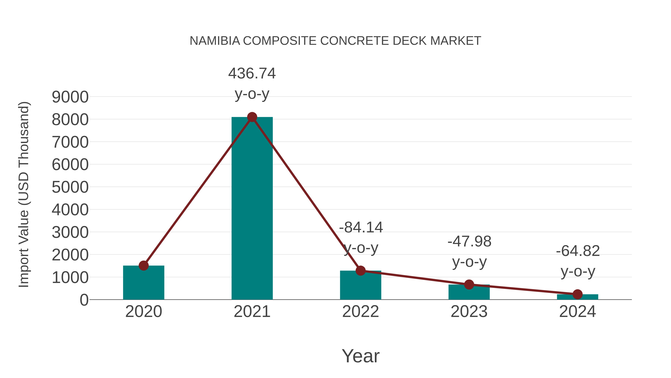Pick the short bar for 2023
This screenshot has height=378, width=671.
pyautogui.click(x=469, y=293)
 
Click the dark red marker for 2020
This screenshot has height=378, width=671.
pyautogui.click(x=144, y=266)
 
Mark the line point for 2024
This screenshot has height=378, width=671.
pyautogui.click(x=577, y=294)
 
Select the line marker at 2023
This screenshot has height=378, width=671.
pyautogui.click(x=469, y=285)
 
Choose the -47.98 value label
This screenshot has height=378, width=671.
pyautogui.click(x=469, y=241)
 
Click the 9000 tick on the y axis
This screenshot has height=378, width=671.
pyautogui.click(x=70, y=97)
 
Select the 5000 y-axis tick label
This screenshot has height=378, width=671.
pyautogui.click(x=70, y=187)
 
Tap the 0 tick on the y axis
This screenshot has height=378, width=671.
pyautogui.click(x=84, y=300)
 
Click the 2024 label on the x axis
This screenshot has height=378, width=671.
pyautogui.click(x=577, y=312)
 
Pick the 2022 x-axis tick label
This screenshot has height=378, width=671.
pyautogui.click(x=360, y=312)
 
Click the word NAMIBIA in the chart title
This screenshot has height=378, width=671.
pyautogui.click(x=215, y=41)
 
